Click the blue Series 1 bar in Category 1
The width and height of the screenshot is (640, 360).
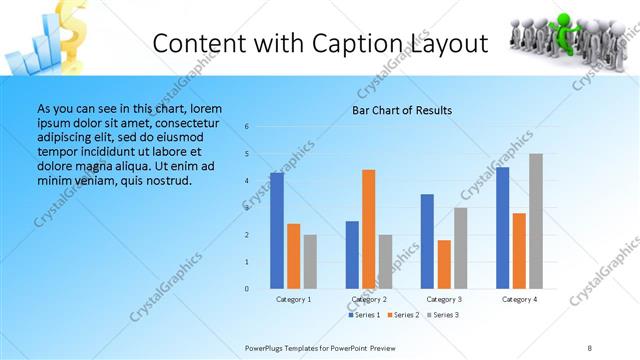click(277, 231)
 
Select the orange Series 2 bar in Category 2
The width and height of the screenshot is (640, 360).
click(368, 229)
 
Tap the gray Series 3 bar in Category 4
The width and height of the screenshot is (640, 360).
click(536, 221)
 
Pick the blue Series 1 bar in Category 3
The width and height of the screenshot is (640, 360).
click(428, 241)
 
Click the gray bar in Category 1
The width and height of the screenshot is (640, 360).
click(310, 262)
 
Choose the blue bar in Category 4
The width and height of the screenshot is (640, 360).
click(503, 228)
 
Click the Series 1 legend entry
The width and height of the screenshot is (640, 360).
click(364, 315)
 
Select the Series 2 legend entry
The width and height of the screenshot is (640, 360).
click(402, 315)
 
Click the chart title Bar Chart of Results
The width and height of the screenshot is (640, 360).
click(402, 110)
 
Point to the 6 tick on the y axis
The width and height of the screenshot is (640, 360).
click(247, 127)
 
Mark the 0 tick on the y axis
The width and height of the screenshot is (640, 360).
click(247, 289)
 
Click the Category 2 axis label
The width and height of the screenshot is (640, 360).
click(369, 299)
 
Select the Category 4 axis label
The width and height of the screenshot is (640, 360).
click(519, 299)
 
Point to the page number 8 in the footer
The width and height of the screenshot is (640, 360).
click(590, 347)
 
